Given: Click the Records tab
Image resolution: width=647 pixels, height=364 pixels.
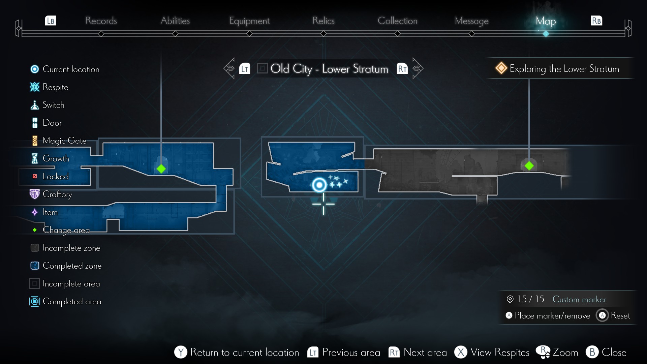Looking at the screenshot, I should [x=101, y=21].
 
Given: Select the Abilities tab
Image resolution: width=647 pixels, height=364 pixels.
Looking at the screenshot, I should [x=175, y=21].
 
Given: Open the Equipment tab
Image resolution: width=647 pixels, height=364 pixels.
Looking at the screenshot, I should [x=249, y=21].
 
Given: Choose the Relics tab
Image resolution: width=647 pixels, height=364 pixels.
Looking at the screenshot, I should [x=323, y=21].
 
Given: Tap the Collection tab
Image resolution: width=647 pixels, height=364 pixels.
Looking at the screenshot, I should [x=397, y=21].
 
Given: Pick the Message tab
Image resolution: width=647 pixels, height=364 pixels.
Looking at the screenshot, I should [x=471, y=21].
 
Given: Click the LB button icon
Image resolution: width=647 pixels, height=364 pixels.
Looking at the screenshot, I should [x=51, y=21].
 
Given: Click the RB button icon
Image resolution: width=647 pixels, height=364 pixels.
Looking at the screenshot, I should [x=596, y=21].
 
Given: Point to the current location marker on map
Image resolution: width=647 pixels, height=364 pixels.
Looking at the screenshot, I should [x=319, y=185].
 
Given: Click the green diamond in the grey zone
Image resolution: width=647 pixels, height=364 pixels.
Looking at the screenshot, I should [x=529, y=166].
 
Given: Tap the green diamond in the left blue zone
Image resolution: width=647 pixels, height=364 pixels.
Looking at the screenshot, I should [x=161, y=169].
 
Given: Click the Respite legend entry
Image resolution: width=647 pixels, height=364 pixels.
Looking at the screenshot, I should [x=55, y=87].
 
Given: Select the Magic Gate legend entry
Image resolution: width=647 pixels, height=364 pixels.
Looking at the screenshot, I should [x=64, y=141].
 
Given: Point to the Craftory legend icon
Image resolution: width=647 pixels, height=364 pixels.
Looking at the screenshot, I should [x=35, y=194].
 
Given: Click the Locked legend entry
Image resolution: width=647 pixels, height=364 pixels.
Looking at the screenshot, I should [x=55, y=176].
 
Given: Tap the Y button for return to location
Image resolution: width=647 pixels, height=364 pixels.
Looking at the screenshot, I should [x=181, y=352].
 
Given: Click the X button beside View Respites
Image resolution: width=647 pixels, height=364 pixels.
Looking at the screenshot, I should [x=461, y=352].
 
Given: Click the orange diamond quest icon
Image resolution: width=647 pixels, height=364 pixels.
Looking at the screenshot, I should [x=501, y=68].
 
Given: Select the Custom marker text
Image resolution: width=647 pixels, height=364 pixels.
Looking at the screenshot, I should [x=579, y=299].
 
